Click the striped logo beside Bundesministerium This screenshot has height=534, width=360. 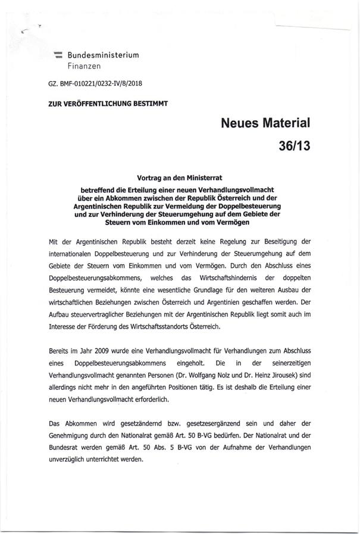58,55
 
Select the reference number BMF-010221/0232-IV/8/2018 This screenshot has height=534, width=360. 99,85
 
